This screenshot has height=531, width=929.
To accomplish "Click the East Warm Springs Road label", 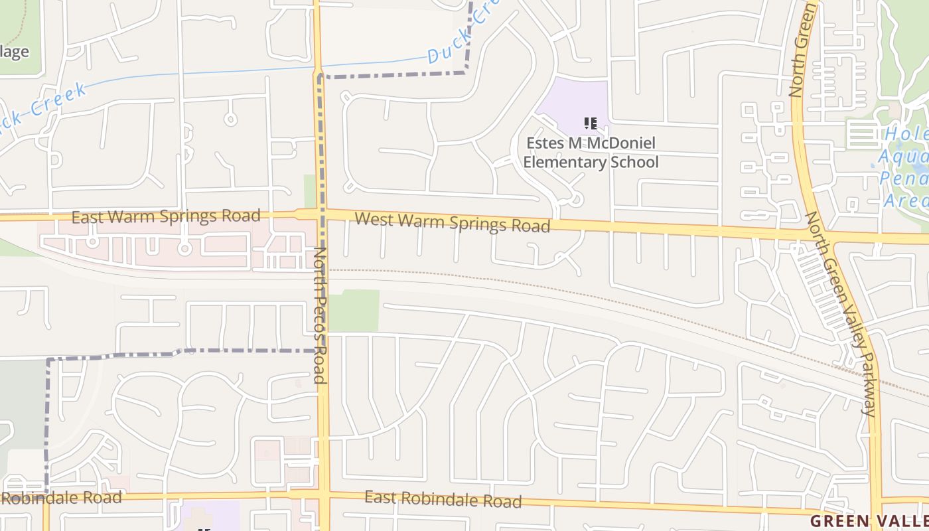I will [x=166, y=216].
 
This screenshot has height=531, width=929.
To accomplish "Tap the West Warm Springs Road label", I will [x=453, y=222].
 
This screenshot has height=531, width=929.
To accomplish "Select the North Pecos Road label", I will [x=321, y=316].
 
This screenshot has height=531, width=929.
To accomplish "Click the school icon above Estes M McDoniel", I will [x=591, y=123].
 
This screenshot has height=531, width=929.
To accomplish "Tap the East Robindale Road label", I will [x=443, y=499].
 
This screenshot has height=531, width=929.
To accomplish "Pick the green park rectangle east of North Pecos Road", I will [x=354, y=311].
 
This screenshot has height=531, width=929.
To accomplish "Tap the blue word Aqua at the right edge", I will [x=902, y=158].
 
